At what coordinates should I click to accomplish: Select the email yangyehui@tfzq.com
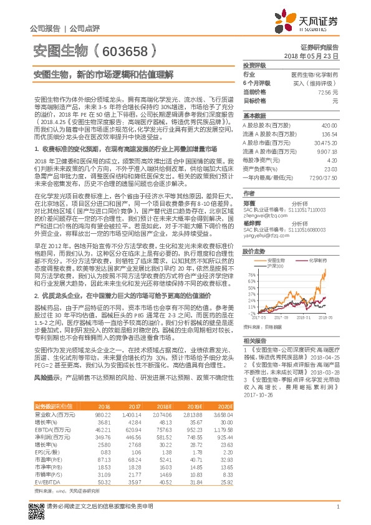[264, 219]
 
